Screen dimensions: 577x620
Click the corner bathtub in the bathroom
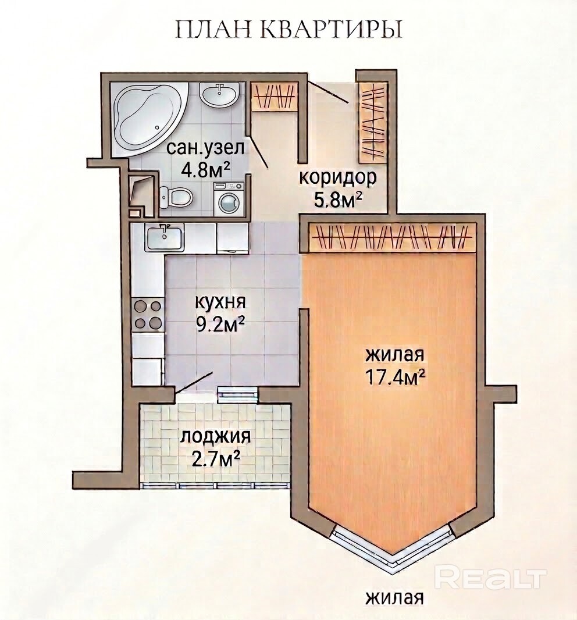pyautogui.click(x=147, y=118)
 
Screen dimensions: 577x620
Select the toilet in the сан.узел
pyautogui.click(x=177, y=195)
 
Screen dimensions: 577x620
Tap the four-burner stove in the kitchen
pyautogui.click(x=148, y=314)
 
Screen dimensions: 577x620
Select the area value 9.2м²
pyautogui.click(x=220, y=326)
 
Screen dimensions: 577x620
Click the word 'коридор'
pyautogui.click(x=337, y=179)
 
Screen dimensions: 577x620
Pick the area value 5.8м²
pyautogui.click(x=338, y=201)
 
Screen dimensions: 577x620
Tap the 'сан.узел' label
pyautogui.click(x=206, y=148)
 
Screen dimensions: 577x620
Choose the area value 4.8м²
pyautogui.click(x=206, y=171)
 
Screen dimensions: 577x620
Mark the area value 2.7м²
pyautogui.click(x=216, y=460)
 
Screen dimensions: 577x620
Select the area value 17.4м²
pyautogui.click(x=395, y=377)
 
